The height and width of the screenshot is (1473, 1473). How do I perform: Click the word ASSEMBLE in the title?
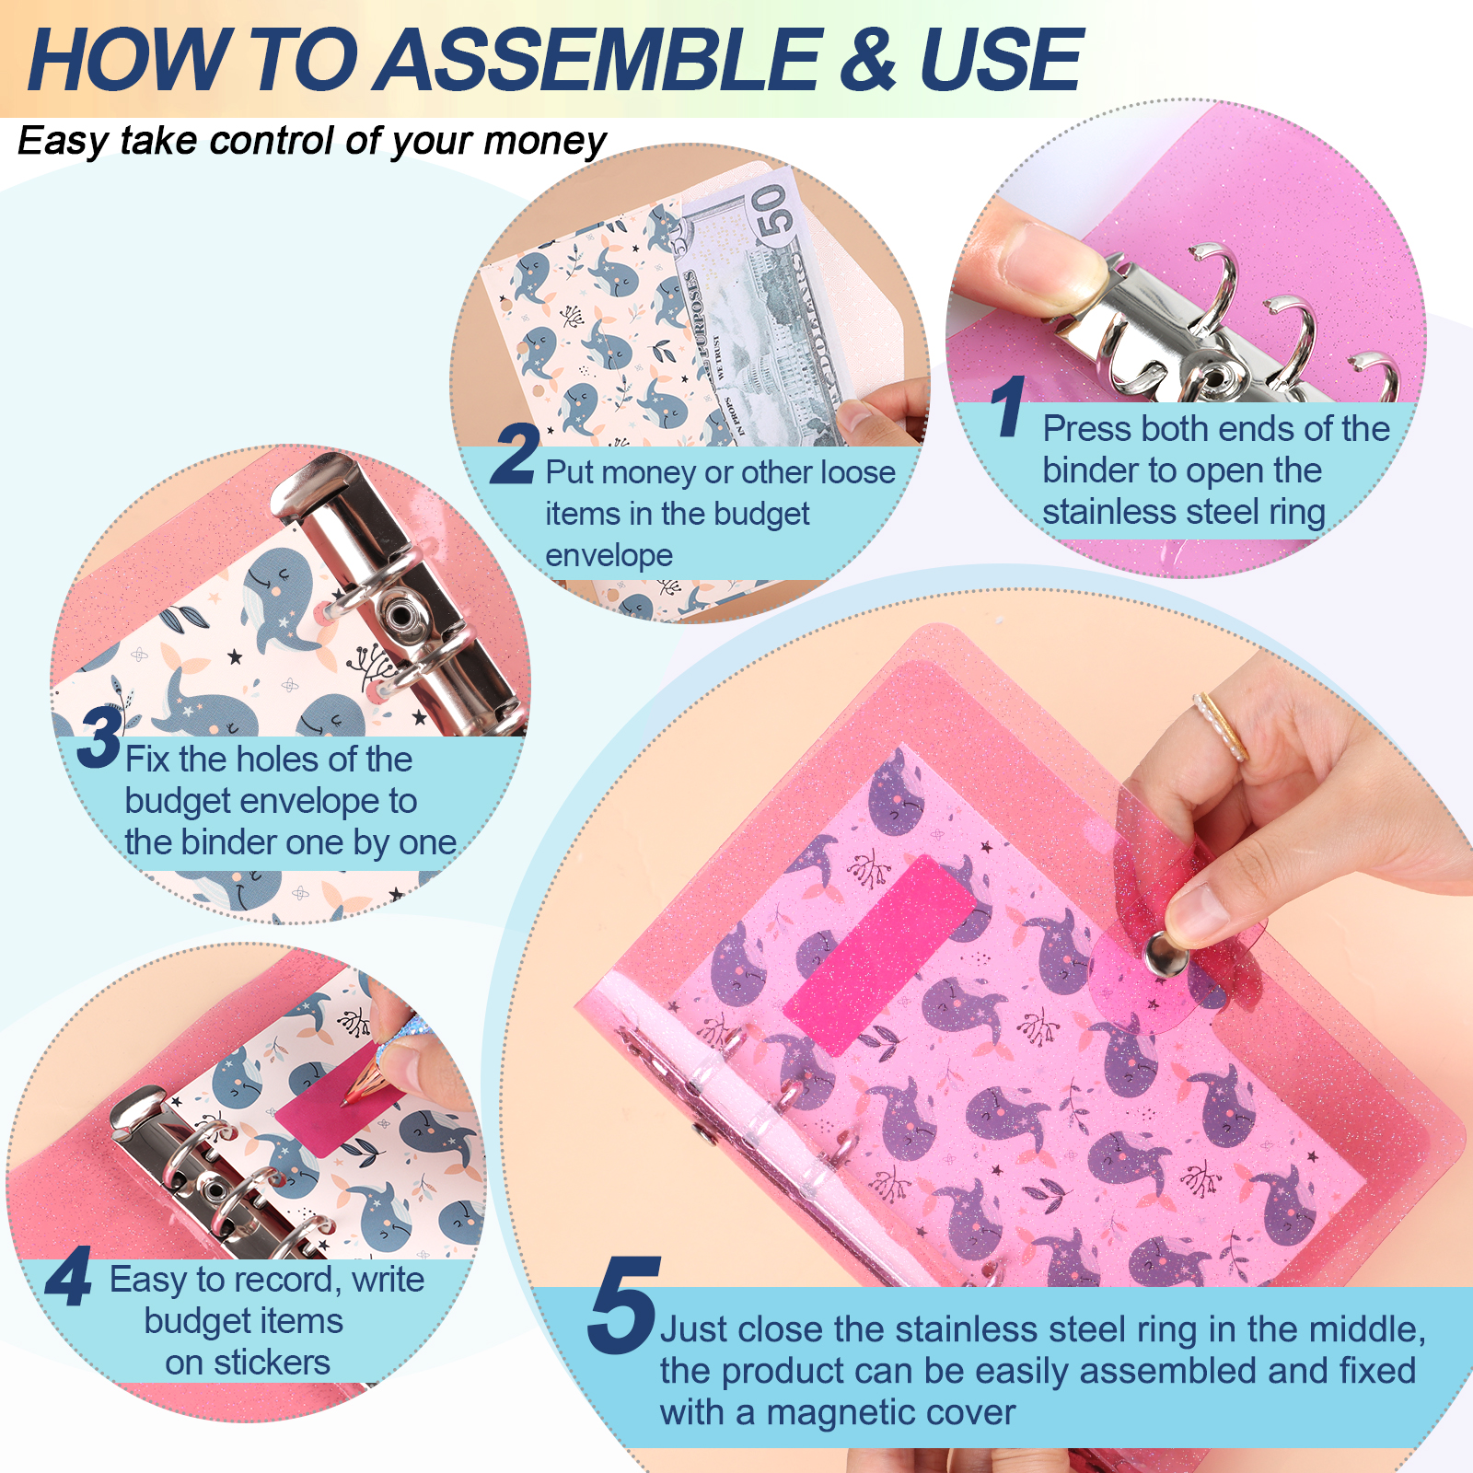pos(599,60)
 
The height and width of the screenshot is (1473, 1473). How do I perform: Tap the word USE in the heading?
pos(1000,60)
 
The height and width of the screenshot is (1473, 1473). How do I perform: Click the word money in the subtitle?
pos(544,142)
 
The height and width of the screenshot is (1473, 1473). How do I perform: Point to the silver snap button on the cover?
pos(1160,954)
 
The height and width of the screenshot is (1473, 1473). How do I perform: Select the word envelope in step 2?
pos(609,556)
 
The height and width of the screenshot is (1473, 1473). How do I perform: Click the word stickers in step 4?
pos(272,1363)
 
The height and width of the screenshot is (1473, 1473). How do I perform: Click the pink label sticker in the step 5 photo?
pos(879,954)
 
